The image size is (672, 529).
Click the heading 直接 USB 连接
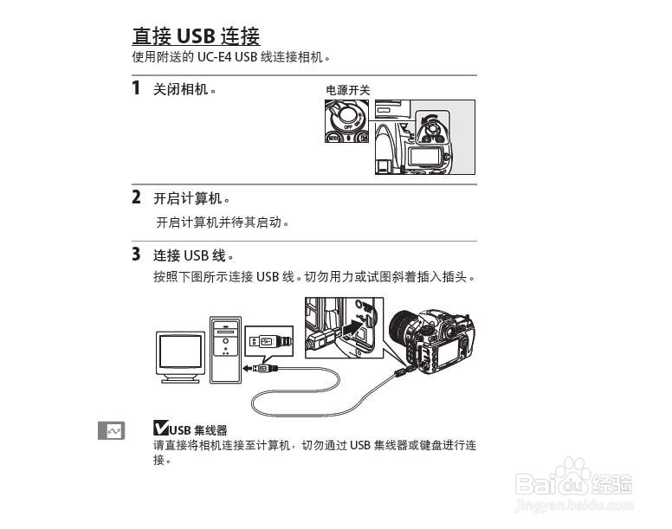[196, 35]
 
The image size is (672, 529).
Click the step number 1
[136, 87]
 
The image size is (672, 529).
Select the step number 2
[136, 197]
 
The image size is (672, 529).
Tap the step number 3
[136, 254]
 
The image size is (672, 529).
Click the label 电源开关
[347, 89]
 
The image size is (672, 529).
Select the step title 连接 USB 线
[194, 255]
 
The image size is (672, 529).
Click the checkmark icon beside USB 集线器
[160, 428]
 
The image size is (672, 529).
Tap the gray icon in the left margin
[111, 430]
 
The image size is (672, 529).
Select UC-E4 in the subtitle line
[215, 57]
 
